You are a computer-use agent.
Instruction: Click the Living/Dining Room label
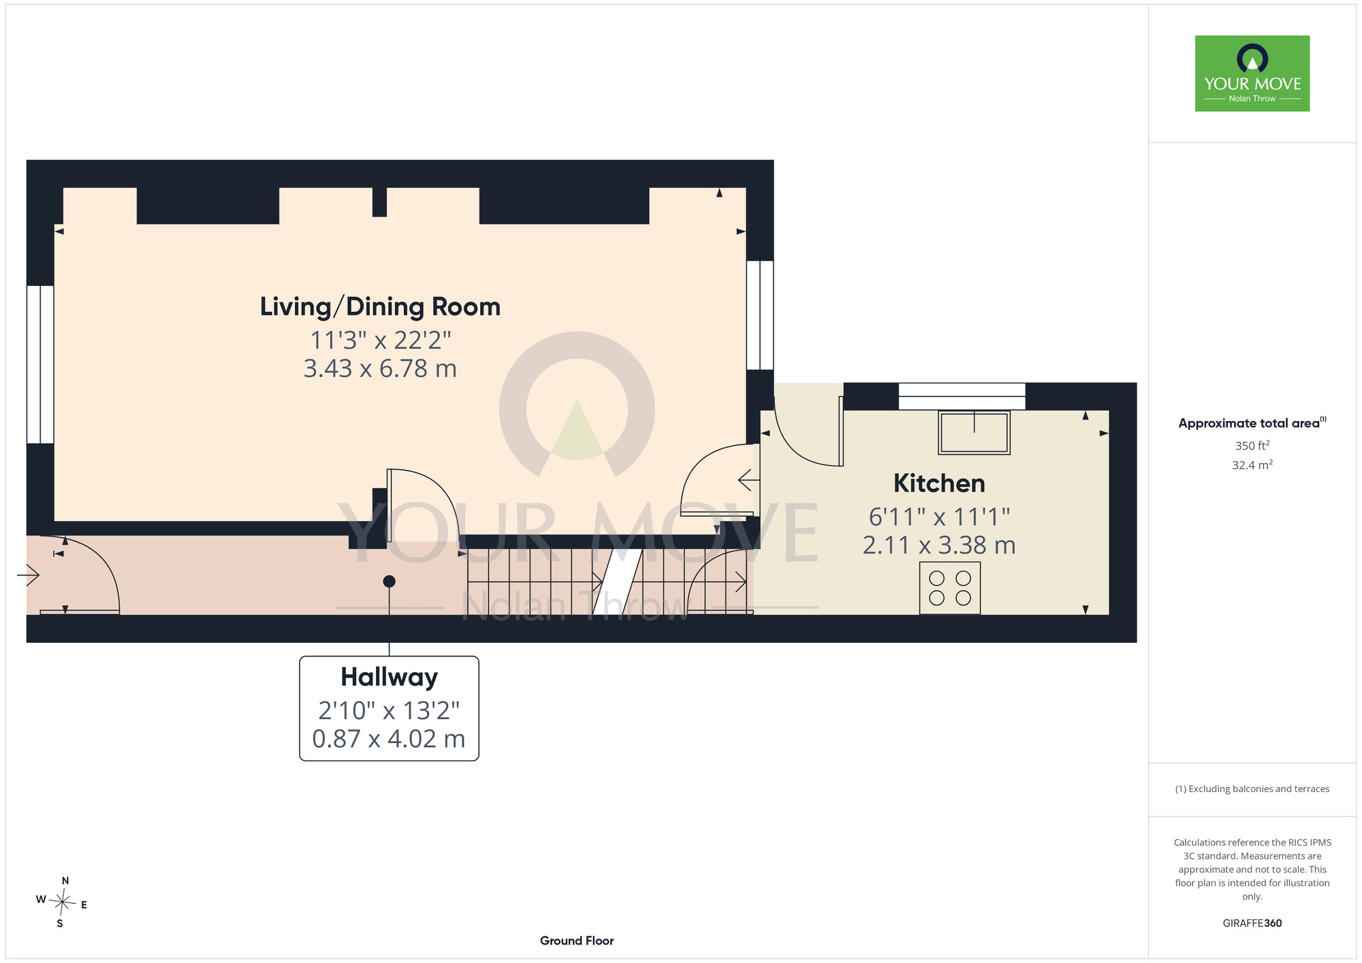(380, 307)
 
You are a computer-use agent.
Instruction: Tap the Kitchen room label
(939, 484)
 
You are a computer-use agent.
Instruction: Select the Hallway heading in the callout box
(389, 677)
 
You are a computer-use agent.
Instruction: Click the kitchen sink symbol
(974, 432)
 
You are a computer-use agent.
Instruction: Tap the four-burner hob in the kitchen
(950, 588)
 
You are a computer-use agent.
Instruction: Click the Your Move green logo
(1252, 74)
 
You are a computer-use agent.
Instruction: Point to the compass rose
(62, 903)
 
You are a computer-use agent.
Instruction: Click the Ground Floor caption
(577, 941)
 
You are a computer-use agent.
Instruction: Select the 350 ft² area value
(1252, 445)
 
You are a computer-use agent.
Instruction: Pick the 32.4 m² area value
(1252, 465)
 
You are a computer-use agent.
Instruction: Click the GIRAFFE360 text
(1252, 923)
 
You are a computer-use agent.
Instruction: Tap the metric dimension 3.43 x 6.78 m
(380, 368)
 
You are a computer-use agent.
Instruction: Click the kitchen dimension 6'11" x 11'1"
(939, 517)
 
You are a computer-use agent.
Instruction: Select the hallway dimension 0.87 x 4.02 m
(389, 739)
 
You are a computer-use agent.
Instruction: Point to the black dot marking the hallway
(389, 582)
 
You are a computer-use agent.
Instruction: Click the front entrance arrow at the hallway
(28, 575)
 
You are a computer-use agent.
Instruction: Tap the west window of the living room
(40, 364)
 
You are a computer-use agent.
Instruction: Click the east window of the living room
(760, 315)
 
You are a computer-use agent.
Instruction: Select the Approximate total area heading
(1252, 423)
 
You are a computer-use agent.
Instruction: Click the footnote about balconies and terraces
(1252, 789)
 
